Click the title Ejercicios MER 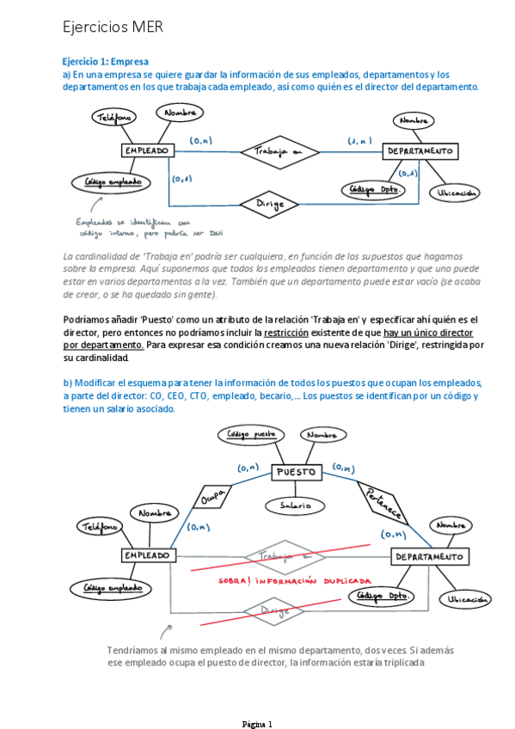(113, 28)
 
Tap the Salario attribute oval (296, 506)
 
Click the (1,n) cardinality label (359, 139)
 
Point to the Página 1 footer (257, 724)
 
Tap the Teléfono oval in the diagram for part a (113, 118)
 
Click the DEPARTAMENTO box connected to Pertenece (432, 557)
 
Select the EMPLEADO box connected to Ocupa (147, 556)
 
